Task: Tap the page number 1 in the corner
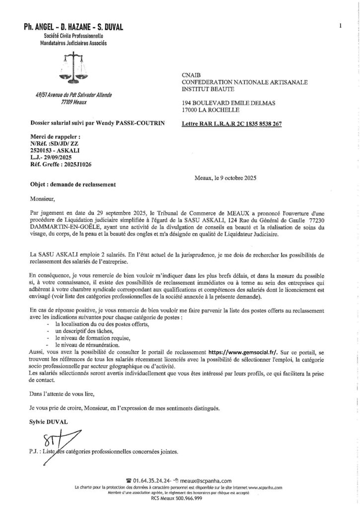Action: click(340, 25)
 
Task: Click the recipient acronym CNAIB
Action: click(193, 74)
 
